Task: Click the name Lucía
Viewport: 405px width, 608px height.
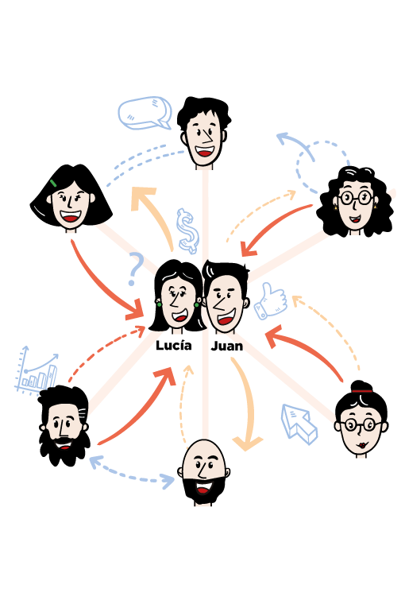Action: [x=174, y=345]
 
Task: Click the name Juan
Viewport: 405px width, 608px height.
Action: [x=227, y=346]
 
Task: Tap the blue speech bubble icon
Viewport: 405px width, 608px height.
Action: [x=145, y=113]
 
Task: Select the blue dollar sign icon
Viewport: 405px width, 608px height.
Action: [x=187, y=230]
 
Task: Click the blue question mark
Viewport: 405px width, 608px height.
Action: [x=135, y=269]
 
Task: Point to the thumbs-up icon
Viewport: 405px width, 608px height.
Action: [x=271, y=301]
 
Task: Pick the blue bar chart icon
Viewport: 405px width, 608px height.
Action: [x=37, y=369]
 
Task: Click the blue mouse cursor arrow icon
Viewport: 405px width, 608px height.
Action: [x=299, y=424]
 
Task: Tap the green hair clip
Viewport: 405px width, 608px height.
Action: [x=53, y=183]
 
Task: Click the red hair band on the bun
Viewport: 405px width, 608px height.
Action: [x=362, y=391]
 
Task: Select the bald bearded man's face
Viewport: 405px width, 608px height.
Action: [x=202, y=472]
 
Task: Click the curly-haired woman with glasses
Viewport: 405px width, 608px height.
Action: [x=355, y=202]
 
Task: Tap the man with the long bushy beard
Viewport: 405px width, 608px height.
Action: [x=64, y=425]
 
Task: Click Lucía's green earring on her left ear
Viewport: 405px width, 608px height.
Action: [x=159, y=304]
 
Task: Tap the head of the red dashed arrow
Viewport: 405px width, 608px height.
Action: [x=140, y=331]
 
